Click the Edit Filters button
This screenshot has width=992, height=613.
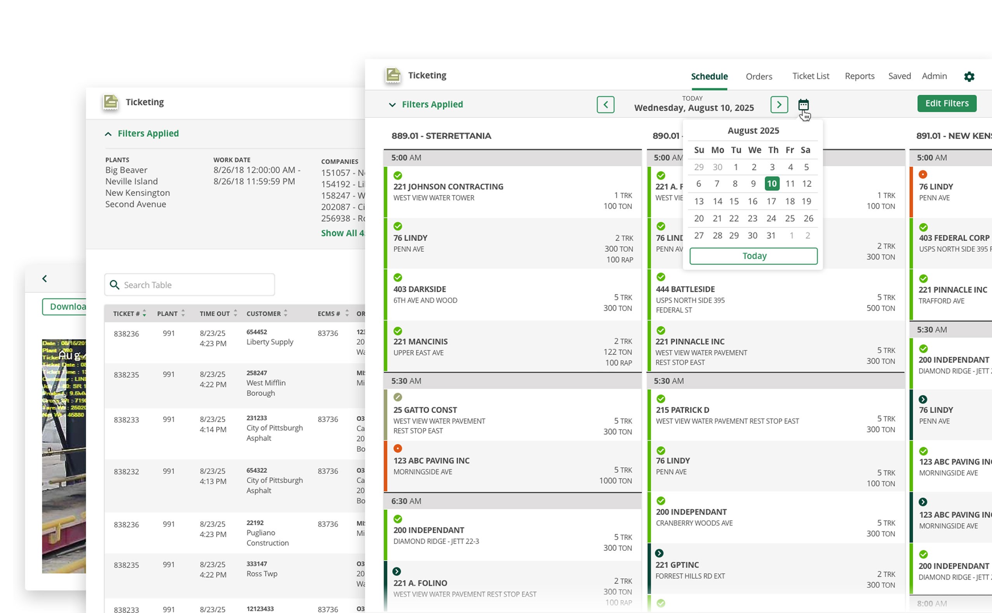pyautogui.click(x=946, y=103)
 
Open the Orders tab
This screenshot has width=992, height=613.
pyautogui.click(x=759, y=76)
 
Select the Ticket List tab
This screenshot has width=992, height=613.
pyautogui.click(x=810, y=76)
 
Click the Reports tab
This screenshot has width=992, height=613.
pyautogui.click(x=859, y=76)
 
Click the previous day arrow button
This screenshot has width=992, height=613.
pyautogui.click(x=605, y=104)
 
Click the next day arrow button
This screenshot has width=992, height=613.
pyautogui.click(x=778, y=104)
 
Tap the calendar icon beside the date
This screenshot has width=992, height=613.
pyautogui.click(x=803, y=104)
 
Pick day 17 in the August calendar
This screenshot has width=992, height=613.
pyautogui.click(x=771, y=201)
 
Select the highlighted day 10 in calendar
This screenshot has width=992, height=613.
pyautogui.click(x=771, y=184)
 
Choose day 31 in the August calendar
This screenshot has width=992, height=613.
pyautogui.click(x=771, y=235)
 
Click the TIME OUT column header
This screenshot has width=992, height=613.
pyautogui.click(x=215, y=313)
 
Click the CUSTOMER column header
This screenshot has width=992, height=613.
pyautogui.click(x=263, y=313)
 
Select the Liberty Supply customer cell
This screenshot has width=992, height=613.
pyautogui.click(x=270, y=342)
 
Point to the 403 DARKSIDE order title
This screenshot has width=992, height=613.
pyautogui.click(x=419, y=289)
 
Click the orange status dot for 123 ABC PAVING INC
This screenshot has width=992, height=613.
pyautogui.click(x=398, y=448)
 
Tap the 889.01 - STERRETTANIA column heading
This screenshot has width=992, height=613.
pyautogui.click(x=441, y=136)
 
